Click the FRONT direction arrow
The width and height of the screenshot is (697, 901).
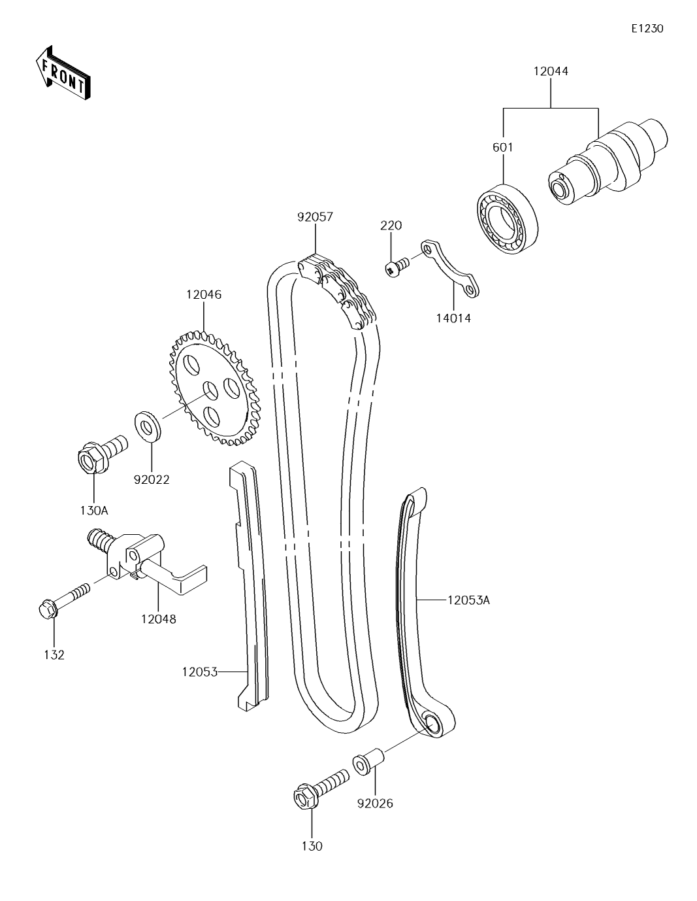pos(63,73)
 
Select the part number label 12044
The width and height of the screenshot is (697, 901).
pos(550,71)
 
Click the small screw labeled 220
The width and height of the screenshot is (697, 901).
pos(396,267)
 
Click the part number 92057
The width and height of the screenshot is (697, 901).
pos(315,217)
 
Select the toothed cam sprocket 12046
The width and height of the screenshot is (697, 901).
pos(216,388)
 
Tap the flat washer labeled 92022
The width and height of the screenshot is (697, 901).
pos(149,426)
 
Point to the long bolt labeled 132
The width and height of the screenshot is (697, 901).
pos(63,602)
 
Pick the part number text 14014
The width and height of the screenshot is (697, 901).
pos(453,318)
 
